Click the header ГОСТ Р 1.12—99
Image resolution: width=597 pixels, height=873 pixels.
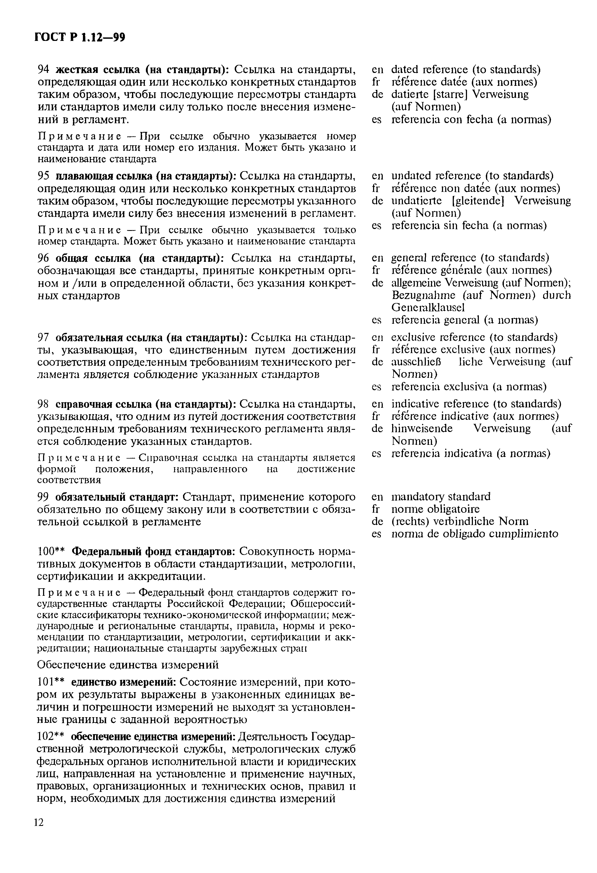(79, 38)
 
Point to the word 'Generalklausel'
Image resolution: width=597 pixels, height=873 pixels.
(428, 307)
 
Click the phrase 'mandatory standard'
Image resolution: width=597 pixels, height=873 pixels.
(441, 497)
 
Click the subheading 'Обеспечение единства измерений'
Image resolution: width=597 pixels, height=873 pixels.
(128, 665)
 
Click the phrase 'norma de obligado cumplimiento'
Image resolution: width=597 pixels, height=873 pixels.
(475, 534)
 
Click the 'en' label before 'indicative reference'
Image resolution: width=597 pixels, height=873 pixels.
(377, 404)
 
